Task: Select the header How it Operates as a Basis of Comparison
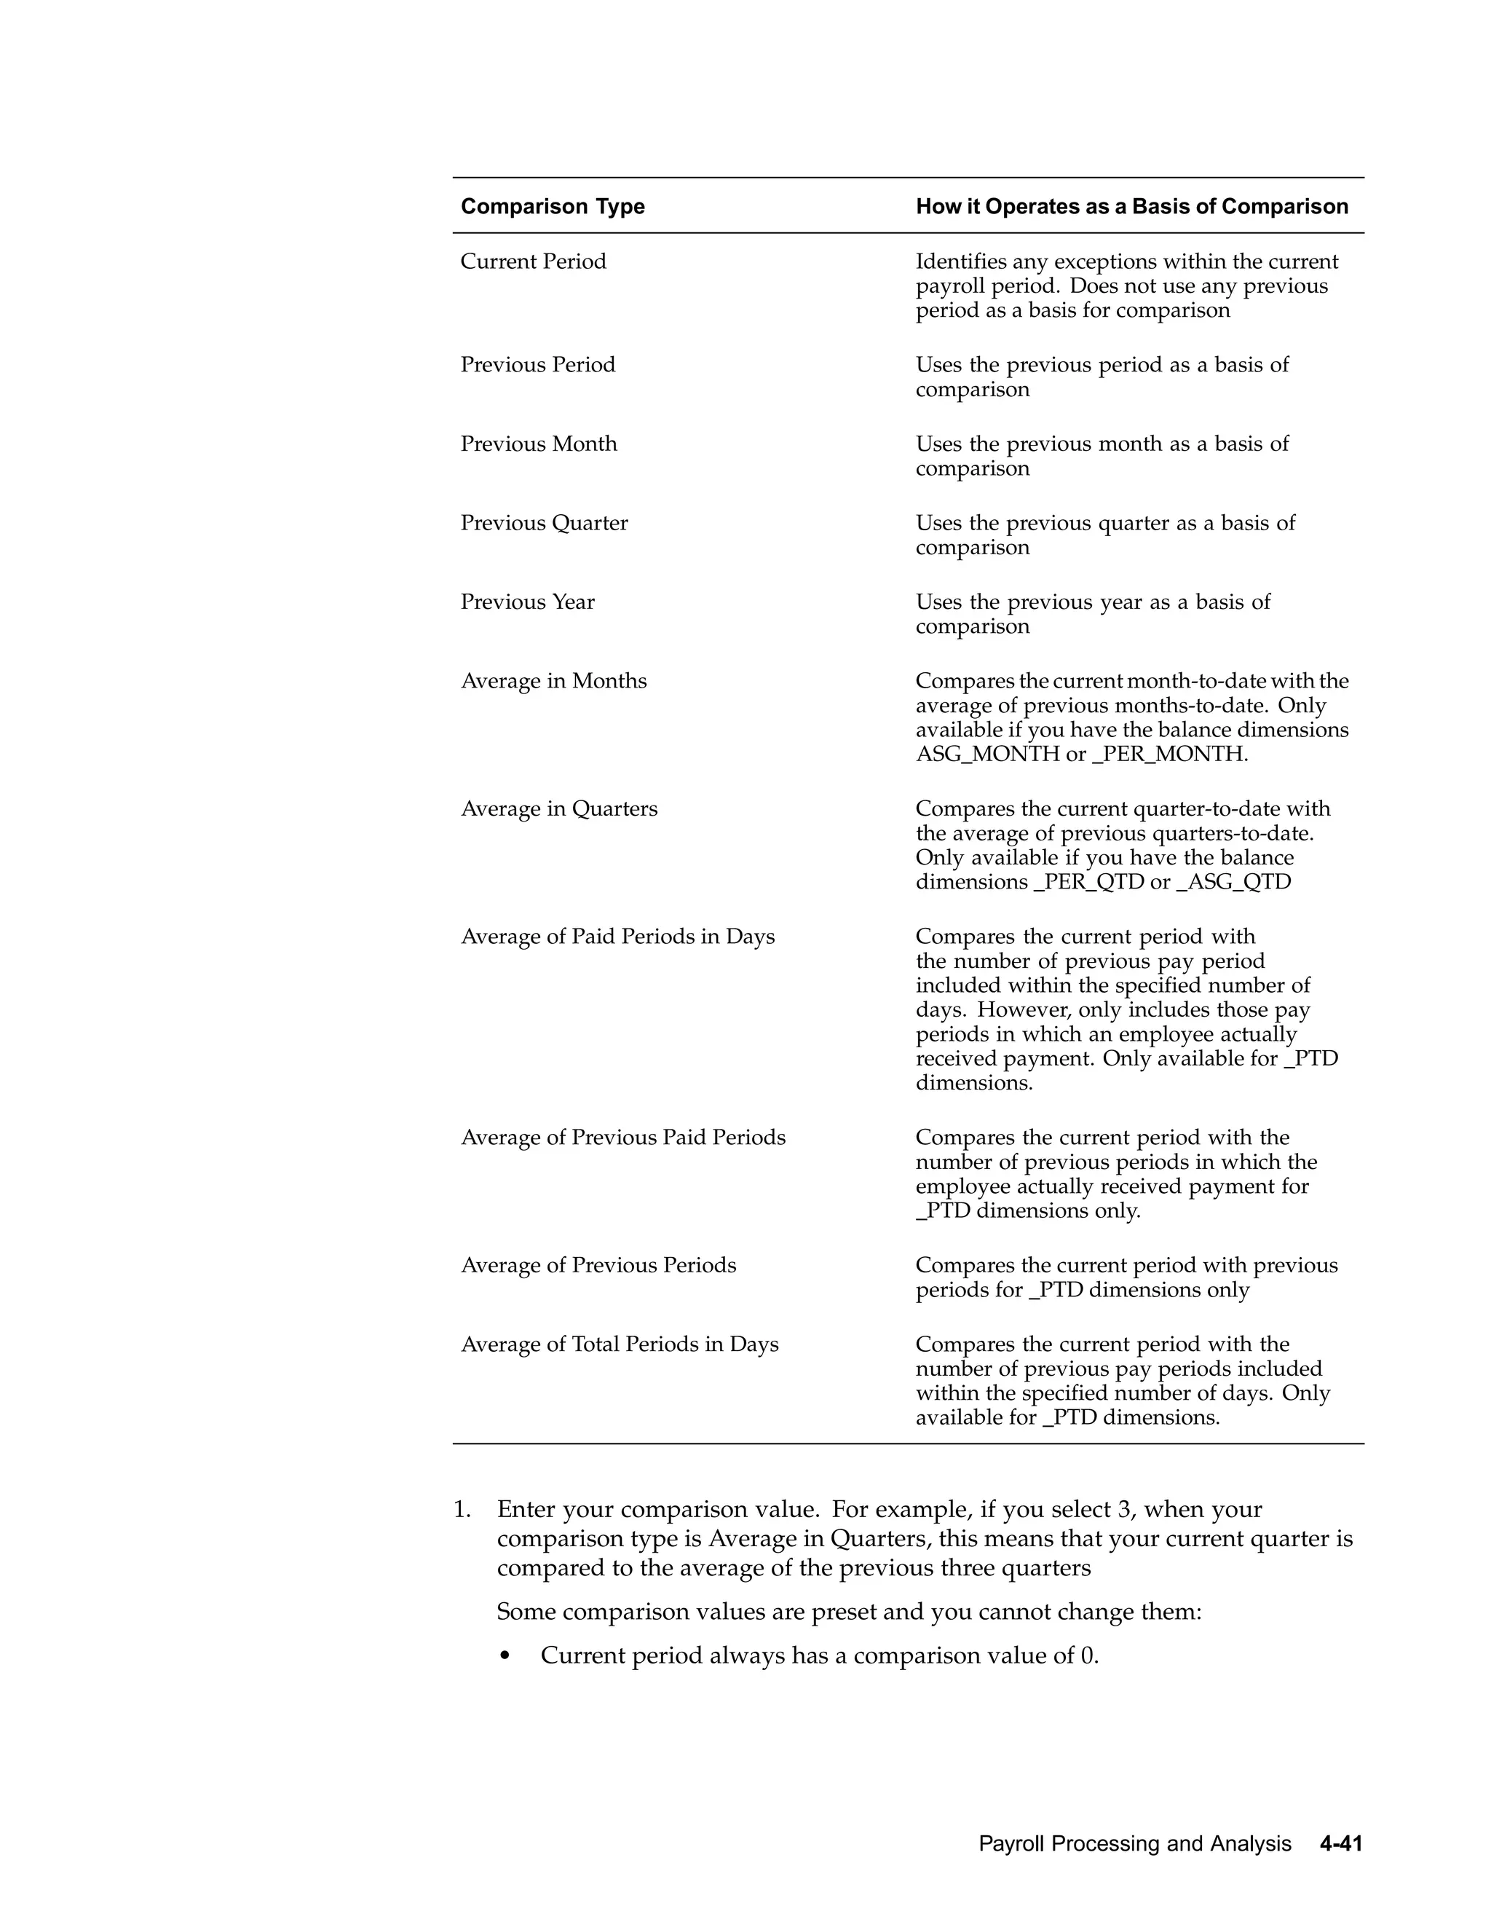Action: (1131, 207)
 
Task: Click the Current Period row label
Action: (533, 261)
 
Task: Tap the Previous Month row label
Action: (538, 444)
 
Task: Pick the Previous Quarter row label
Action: (543, 523)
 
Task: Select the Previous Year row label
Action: (527, 602)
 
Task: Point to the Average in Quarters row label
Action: (558, 808)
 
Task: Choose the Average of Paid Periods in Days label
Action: (617, 937)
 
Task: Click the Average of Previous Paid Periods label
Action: (622, 1138)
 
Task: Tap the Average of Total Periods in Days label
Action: (620, 1344)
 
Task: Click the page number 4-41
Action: (1341, 1844)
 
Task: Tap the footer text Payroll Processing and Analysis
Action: (1134, 1844)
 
